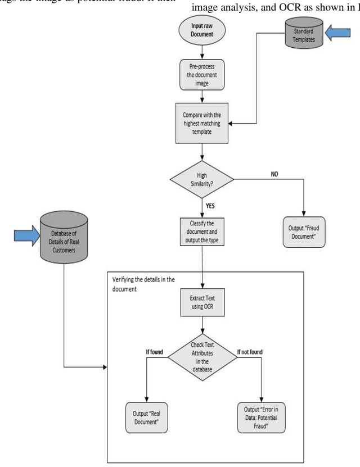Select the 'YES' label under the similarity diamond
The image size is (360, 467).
click(211, 205)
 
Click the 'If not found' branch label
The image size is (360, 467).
click(250, 352)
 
